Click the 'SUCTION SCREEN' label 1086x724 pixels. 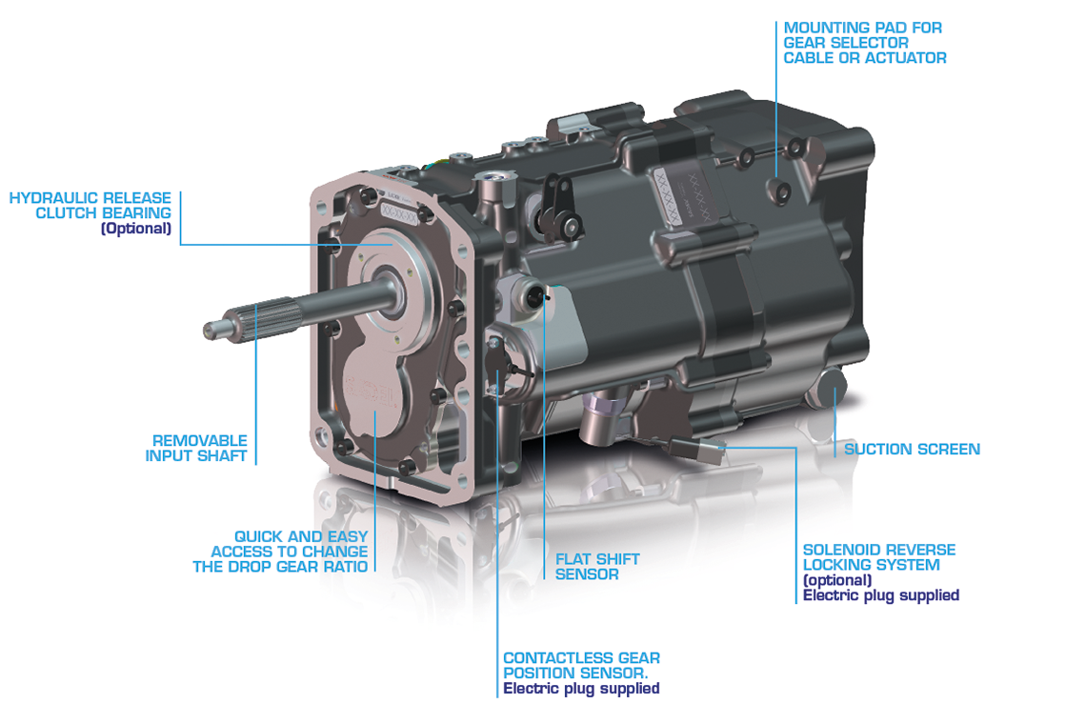click(912, 449)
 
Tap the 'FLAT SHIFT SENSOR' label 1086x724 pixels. click(597, 567)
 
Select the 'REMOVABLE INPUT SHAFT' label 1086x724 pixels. click(196, 448)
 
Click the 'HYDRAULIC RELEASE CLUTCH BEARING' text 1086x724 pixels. click(90, 205)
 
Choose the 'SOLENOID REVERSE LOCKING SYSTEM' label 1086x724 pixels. click(878, 557)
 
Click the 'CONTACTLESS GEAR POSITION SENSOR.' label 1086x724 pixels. click(581, 665)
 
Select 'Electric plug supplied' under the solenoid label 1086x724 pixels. click(880, 595)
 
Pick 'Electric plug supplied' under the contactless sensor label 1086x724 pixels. click(581, 688)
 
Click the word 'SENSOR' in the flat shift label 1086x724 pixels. click(587, 574)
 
